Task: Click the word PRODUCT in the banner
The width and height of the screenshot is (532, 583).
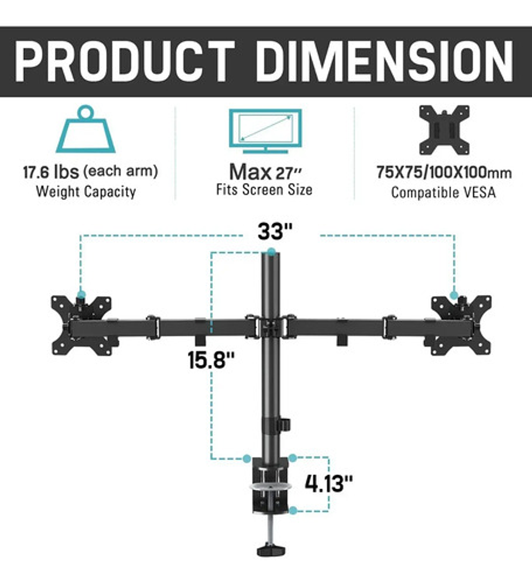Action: click(125, 61)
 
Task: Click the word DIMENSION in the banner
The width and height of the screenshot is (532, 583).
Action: click(385, 61)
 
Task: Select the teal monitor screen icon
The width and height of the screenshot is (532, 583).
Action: click(265, 131)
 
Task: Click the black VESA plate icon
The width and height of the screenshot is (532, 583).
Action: click(444, 130)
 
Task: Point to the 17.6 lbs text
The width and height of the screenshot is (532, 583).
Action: click(51, 172)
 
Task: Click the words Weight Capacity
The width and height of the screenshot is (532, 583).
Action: click(86, 192)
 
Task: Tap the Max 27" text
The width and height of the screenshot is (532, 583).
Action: click(265, 172)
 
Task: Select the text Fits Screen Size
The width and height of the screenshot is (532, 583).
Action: click(264, 189)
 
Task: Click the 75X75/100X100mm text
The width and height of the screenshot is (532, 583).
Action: click(444, 172)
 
